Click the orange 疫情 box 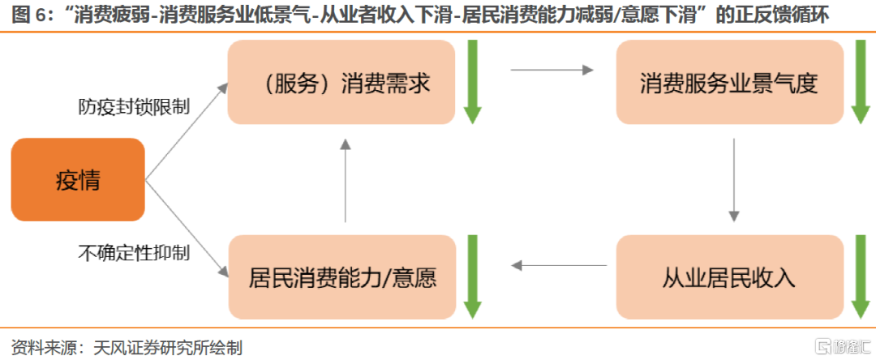(78, 179)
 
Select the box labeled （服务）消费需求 (341, 83)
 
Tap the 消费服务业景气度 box (729, 83)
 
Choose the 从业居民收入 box (729, 277)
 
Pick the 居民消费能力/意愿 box (341, 277)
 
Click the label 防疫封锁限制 (134, 106)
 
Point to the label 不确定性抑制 (134, 253)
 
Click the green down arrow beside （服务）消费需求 (473, 82)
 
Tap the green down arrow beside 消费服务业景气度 (861, 82)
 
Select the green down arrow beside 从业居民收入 (861, 276)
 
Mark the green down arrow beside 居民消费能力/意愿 (473, 276)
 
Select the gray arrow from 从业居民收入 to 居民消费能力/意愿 (560, 264)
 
